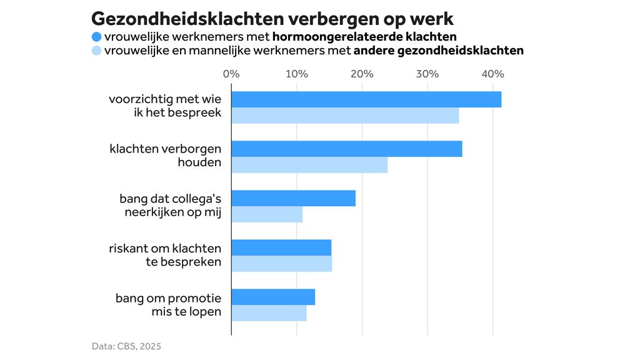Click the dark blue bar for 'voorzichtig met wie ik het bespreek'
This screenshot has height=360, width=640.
[366, 99]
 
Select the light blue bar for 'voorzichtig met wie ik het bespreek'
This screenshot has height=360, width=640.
[345, 116]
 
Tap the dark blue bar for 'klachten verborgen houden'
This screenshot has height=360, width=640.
[347, 149]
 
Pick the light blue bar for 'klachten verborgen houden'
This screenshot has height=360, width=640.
[309, 165]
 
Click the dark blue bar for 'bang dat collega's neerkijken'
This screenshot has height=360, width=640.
[294, 198]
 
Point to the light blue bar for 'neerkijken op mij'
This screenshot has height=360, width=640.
[267, 214]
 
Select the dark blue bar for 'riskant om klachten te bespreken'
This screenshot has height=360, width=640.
[281, 247]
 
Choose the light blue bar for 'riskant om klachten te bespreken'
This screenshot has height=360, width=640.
[282, 264]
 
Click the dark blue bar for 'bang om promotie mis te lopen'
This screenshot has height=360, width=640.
[273, 297]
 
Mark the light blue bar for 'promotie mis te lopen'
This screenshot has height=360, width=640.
[269, 313]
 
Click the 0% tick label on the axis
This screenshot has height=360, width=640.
[231, 74]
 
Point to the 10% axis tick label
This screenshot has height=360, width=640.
[296, 74]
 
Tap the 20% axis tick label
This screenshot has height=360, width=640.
[362, 74]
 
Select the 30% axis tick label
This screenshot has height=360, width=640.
[427, 74]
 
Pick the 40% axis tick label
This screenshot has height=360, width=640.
[492, 74]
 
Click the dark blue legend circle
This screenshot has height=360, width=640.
[96, 36]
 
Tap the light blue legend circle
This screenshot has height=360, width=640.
[96, 51]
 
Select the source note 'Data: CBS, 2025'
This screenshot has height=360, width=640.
[126, 346]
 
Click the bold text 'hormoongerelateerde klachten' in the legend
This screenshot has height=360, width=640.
[364, 36]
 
